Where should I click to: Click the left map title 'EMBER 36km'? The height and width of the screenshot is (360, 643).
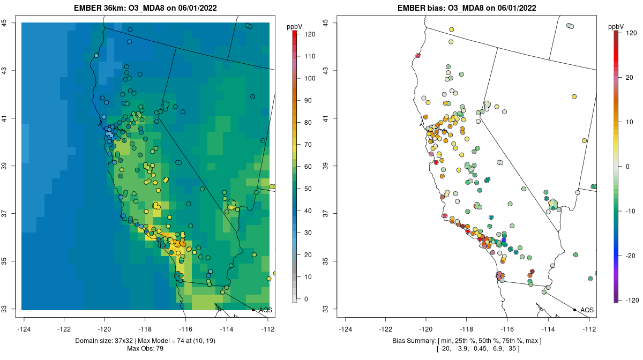coord(98,8)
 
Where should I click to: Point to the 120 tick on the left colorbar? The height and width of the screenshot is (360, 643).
coord(309,34)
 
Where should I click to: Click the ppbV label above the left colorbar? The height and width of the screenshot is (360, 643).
coord(294,26)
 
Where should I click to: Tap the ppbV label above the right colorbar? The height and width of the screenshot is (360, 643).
coord(616,26)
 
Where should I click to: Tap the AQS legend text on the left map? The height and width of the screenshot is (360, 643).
coord(265,310)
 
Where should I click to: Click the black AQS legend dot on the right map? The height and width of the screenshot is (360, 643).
coord(574,310)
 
